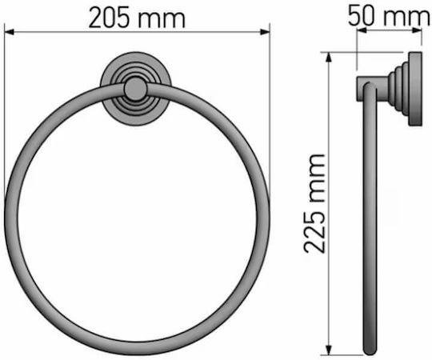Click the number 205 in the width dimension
[x=109, y=18]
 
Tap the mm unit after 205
[x=162, y=20]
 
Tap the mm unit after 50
[x=406, y=18]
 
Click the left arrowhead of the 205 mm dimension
[x=9, y=32]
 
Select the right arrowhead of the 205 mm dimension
[x=265, y=32]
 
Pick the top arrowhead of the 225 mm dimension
[x=328, y=58]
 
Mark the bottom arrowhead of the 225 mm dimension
[x=328, y=350]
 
